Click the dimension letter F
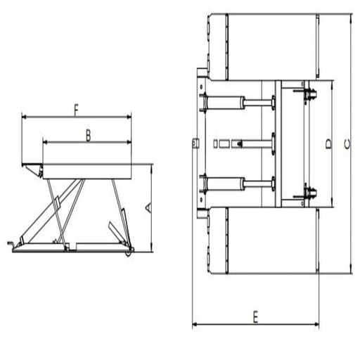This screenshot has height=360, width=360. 75,110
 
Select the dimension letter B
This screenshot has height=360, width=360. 87,135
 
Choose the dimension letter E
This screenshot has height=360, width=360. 256,316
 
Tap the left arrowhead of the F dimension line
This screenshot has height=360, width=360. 25,117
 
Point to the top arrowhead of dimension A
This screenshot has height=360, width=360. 151,166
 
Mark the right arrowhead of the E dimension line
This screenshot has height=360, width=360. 316,324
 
